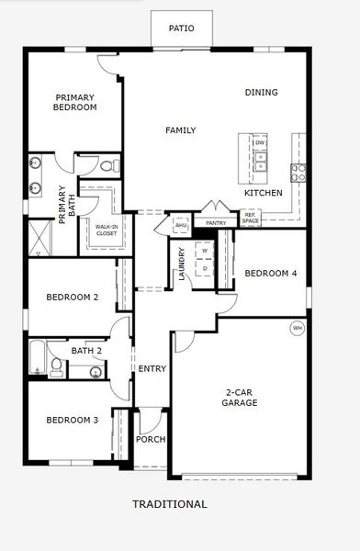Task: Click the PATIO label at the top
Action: click(x=182, y=28)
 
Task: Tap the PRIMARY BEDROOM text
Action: click(x=75, y=102)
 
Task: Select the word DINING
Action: click(x=261, y=92)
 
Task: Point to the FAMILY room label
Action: click(x=180, y=130)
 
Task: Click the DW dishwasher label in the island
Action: click(x=260, y=143)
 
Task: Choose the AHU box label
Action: click(x=181, y=225)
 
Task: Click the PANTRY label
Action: click(x=216, y=222)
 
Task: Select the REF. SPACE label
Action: click(x=250, y=219)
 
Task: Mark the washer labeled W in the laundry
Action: click(x=205, y=250)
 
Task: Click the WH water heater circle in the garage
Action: click(x=297, y=328)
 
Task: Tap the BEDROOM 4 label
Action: click(x=271, y=273)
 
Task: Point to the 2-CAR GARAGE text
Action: click(x=241, y=397)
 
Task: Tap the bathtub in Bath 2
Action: click(x=38, y=358)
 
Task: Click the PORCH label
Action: click(x=150, y=439)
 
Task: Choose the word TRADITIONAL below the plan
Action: click(x=170, y=504)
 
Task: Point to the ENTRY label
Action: click(x=152, y=369)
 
